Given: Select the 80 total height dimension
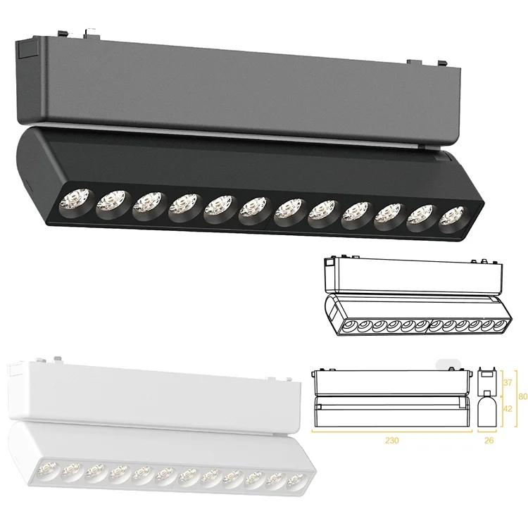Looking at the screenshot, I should point(522,396).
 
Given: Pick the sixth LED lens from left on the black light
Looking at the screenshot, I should point(252,209).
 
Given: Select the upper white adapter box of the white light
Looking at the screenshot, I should point(155,391).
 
